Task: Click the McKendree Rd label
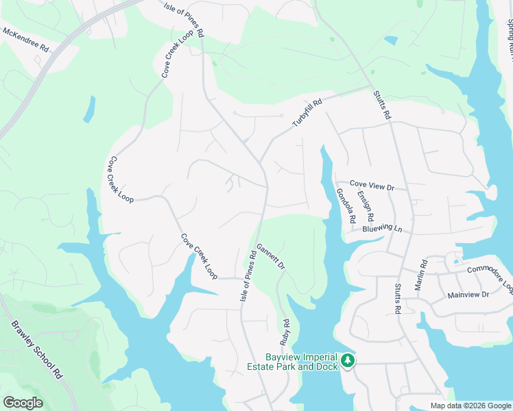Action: tap(27, 40)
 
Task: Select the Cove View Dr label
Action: tap(372, 186)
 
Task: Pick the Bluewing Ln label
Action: tap(383, 228)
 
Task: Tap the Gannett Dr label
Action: tap(270, 256)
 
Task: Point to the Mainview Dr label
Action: tap(467, 295)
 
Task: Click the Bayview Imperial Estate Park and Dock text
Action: tap(301, 362)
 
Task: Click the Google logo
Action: tap(23, 403)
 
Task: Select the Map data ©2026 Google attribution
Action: tap(470, 406)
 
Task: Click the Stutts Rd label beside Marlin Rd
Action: tap(397, 299)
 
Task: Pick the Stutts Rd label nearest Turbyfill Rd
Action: tap(381, 106)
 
